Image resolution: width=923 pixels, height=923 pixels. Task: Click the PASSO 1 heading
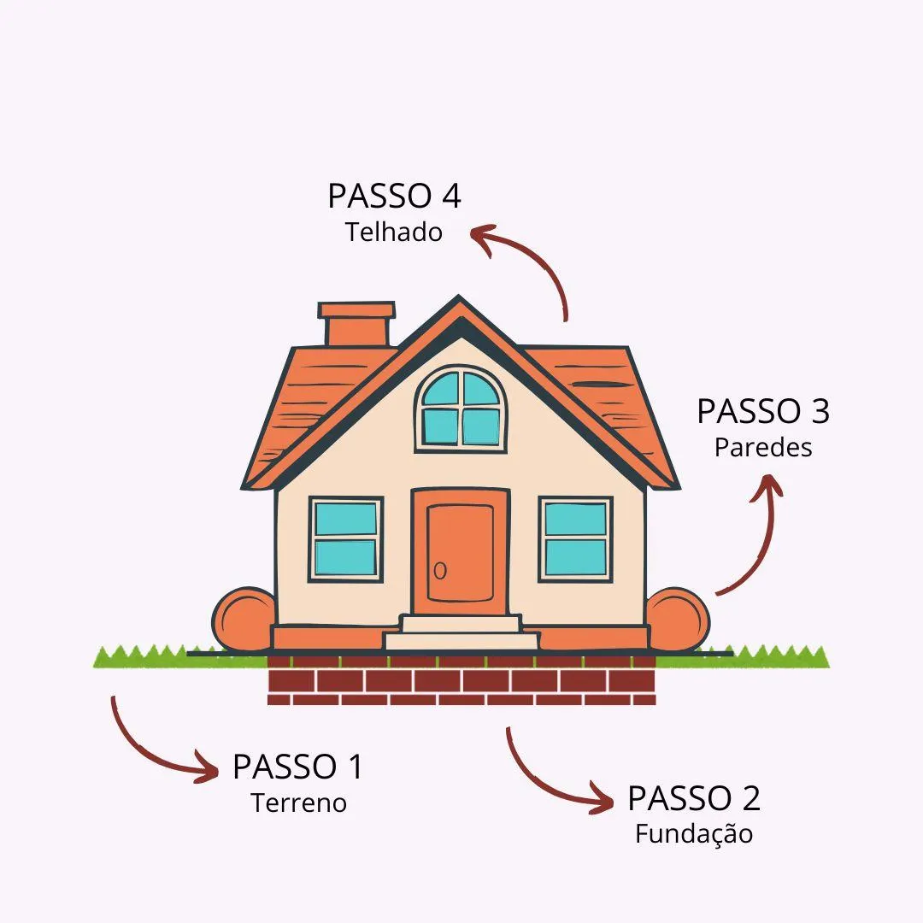pos(297,767)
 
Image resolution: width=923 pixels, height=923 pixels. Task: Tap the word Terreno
pos(298,803)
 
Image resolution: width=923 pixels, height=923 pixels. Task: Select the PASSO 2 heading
pos(693,798)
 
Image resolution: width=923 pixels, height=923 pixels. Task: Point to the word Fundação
pos(693,834)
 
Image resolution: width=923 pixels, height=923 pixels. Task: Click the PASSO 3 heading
pos(762,411)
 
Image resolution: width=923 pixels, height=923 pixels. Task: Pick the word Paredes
pos(763,447)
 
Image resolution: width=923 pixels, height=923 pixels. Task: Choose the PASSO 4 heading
pos(394,196)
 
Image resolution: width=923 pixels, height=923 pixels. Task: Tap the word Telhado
pos(394,232)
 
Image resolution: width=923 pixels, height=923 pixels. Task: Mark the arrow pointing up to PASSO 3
pos(756,538)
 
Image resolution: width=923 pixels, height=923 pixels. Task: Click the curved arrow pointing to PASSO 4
pos(530,261)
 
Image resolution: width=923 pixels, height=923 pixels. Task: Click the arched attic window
pos(461,409)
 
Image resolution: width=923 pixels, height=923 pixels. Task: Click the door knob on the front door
pos(440,570)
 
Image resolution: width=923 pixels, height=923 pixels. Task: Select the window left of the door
pos(345,539)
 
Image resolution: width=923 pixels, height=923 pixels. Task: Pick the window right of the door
pos(575,539)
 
